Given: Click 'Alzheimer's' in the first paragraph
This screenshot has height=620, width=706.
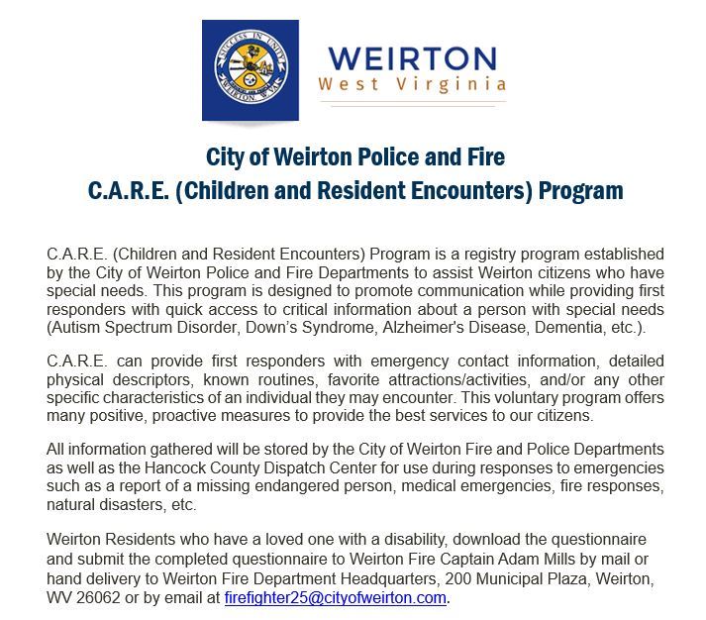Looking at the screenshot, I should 448,328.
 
